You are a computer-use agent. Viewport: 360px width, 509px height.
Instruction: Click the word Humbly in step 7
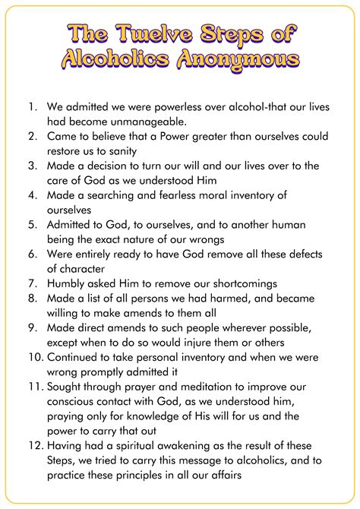pyautogui.click(x=67, y=283)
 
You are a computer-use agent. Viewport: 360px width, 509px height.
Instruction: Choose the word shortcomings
pyautogui.click(x=236, y=283)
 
